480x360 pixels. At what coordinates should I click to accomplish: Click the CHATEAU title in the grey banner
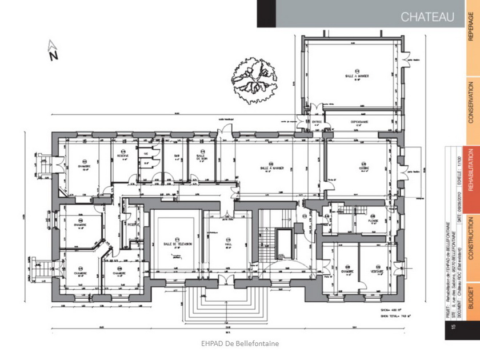click(x=427, y=17)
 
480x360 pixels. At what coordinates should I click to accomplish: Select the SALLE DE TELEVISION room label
click(x=177, y=244)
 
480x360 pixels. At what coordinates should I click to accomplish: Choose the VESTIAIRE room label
click(x=375, y=271)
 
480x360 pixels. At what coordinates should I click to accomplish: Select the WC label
click(x=146, y=154)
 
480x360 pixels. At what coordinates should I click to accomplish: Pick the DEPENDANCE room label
click(x=359, y=122)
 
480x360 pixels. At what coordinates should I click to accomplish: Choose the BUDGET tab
click(x=470, y=297)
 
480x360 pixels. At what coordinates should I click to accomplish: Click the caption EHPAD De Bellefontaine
click(x=240, y=343)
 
